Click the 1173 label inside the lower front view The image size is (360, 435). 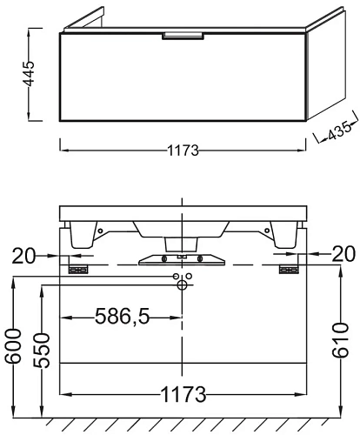(182, 396)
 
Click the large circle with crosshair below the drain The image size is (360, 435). (182, 284)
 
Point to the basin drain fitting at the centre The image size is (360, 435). (181, 258)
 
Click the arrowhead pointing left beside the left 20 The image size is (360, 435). (76, 256)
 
